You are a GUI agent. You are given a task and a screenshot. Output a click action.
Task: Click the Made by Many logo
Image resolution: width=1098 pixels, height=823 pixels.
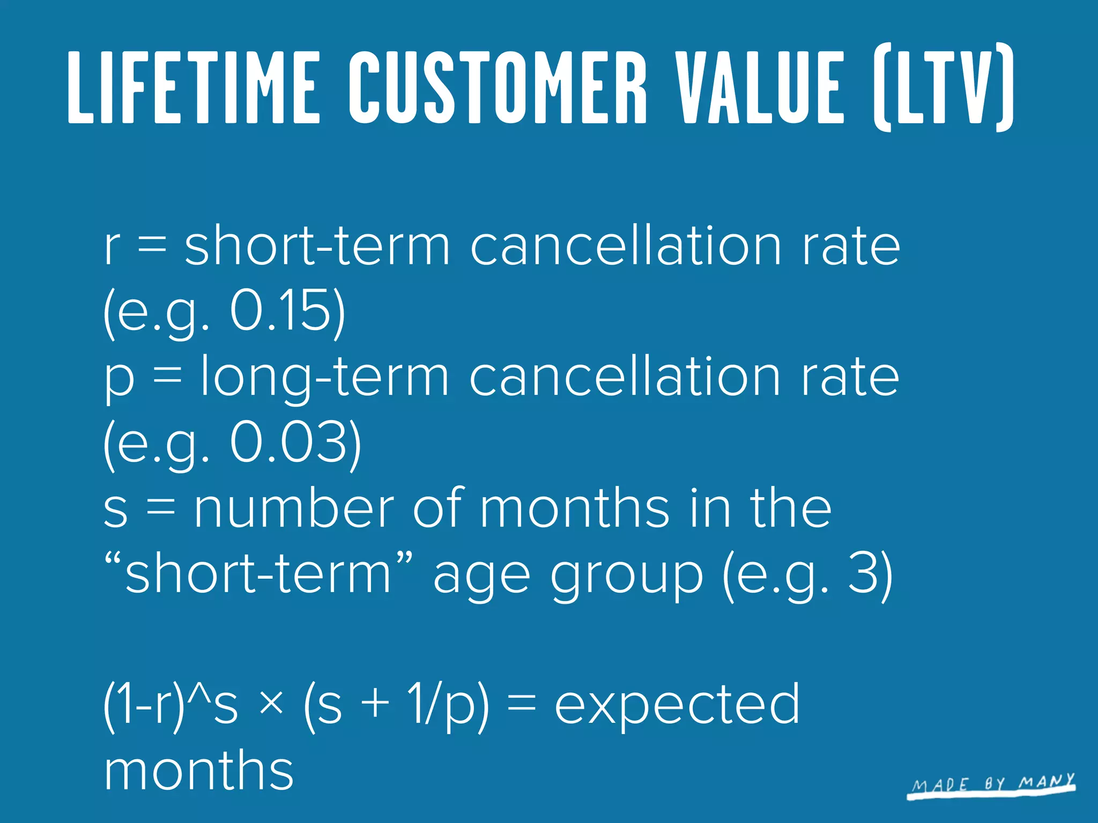[x=992, y=785]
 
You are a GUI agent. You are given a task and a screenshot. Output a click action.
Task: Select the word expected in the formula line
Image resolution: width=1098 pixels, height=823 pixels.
[x=677, y=705]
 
